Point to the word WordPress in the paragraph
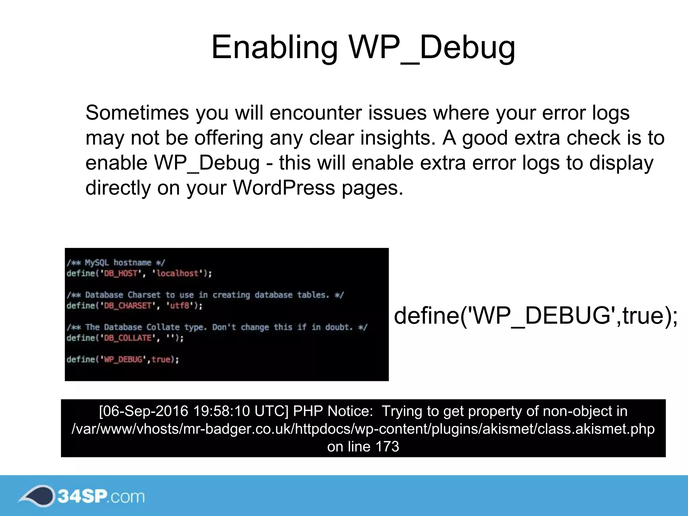click(x=284, y=187)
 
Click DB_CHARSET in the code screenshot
click(x=128, y=306)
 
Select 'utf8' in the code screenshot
click(x=180, y=306)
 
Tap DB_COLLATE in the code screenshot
click(x=128, y=338)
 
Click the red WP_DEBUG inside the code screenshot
click(x=123, y=359)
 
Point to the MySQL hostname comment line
click(x=116, y=263)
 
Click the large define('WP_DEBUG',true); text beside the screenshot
click(x=535, y=316)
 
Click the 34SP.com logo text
click(x=101, y=496)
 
